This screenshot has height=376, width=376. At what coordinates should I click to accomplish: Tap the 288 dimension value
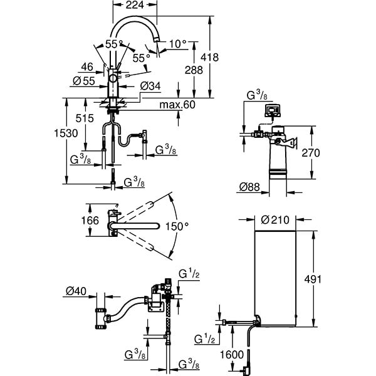pyautogui.click(x=194, y=70)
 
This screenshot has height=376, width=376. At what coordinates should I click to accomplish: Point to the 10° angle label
pyautogui.click(x=178, y=44)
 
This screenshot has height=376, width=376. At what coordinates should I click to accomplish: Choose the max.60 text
pyautogui.click(x=177, y=104)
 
